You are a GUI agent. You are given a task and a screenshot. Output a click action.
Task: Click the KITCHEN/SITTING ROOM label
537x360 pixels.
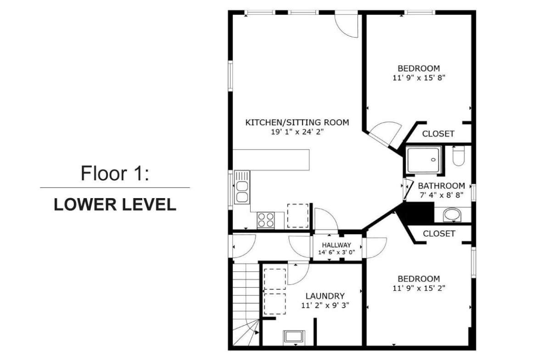tap(297, 122)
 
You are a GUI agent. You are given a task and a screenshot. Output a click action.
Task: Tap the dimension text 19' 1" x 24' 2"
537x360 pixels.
tap(297, 132)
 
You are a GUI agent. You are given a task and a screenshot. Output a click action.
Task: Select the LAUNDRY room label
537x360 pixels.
tap(325, 296)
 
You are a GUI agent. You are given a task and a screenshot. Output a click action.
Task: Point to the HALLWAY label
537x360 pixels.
tap(336, 245)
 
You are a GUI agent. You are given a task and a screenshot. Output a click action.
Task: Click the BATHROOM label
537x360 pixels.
tap(442, 186)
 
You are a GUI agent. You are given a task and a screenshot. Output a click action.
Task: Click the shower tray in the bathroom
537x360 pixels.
tap(424, 160)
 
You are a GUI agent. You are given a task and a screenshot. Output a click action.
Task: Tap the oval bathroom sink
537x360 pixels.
tap(452, 215)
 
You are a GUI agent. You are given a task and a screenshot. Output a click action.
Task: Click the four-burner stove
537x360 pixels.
tap(266, 220)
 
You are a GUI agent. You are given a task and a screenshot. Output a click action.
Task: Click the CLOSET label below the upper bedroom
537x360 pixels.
tap(438, 134)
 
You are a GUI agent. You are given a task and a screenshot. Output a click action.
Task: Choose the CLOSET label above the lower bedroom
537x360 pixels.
tap(439, 234)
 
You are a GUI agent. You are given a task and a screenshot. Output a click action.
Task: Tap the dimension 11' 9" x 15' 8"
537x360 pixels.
tap(419, 78)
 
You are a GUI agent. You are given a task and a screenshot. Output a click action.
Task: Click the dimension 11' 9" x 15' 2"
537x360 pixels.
tap(419, 288)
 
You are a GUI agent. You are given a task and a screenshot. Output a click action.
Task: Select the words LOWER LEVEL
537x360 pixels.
tap(115, 204)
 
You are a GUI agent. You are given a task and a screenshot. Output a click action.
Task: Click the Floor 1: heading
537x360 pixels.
tap(115, 173)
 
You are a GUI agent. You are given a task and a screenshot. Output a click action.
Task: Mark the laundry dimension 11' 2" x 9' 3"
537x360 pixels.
tap(325, 305)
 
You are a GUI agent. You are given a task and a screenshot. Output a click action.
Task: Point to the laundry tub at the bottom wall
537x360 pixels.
tap(294, 337)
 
